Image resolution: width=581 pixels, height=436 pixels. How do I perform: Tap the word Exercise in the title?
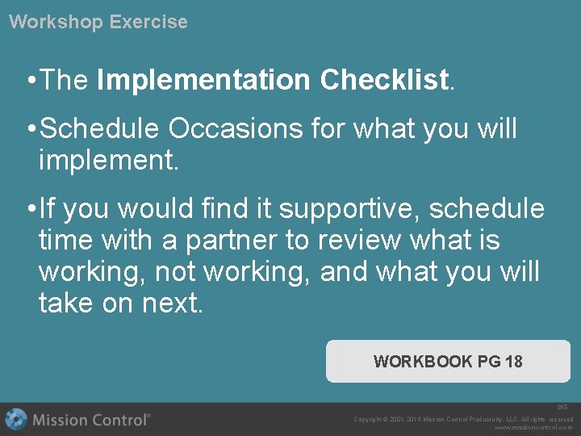click(x=148, y=22)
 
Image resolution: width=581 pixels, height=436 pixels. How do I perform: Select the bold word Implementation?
click(x=203, y=80)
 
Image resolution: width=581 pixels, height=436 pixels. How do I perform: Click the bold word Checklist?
click(x=384, y=80)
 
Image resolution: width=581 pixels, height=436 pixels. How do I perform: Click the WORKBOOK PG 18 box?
click(x=448, y=361)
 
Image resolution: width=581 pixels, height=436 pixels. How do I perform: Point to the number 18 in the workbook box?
click(x=514, y=361)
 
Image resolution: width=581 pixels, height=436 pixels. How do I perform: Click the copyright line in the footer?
click(x=463, y=419)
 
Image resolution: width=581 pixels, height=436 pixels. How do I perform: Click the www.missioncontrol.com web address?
click(x=533, y=428)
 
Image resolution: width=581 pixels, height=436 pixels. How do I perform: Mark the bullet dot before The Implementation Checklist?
click(x=29, y=81)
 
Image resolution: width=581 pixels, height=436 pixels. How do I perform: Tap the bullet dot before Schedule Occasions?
click(x=29, y=128)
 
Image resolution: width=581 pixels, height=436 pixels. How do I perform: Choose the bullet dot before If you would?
click(x=29, y=209)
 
